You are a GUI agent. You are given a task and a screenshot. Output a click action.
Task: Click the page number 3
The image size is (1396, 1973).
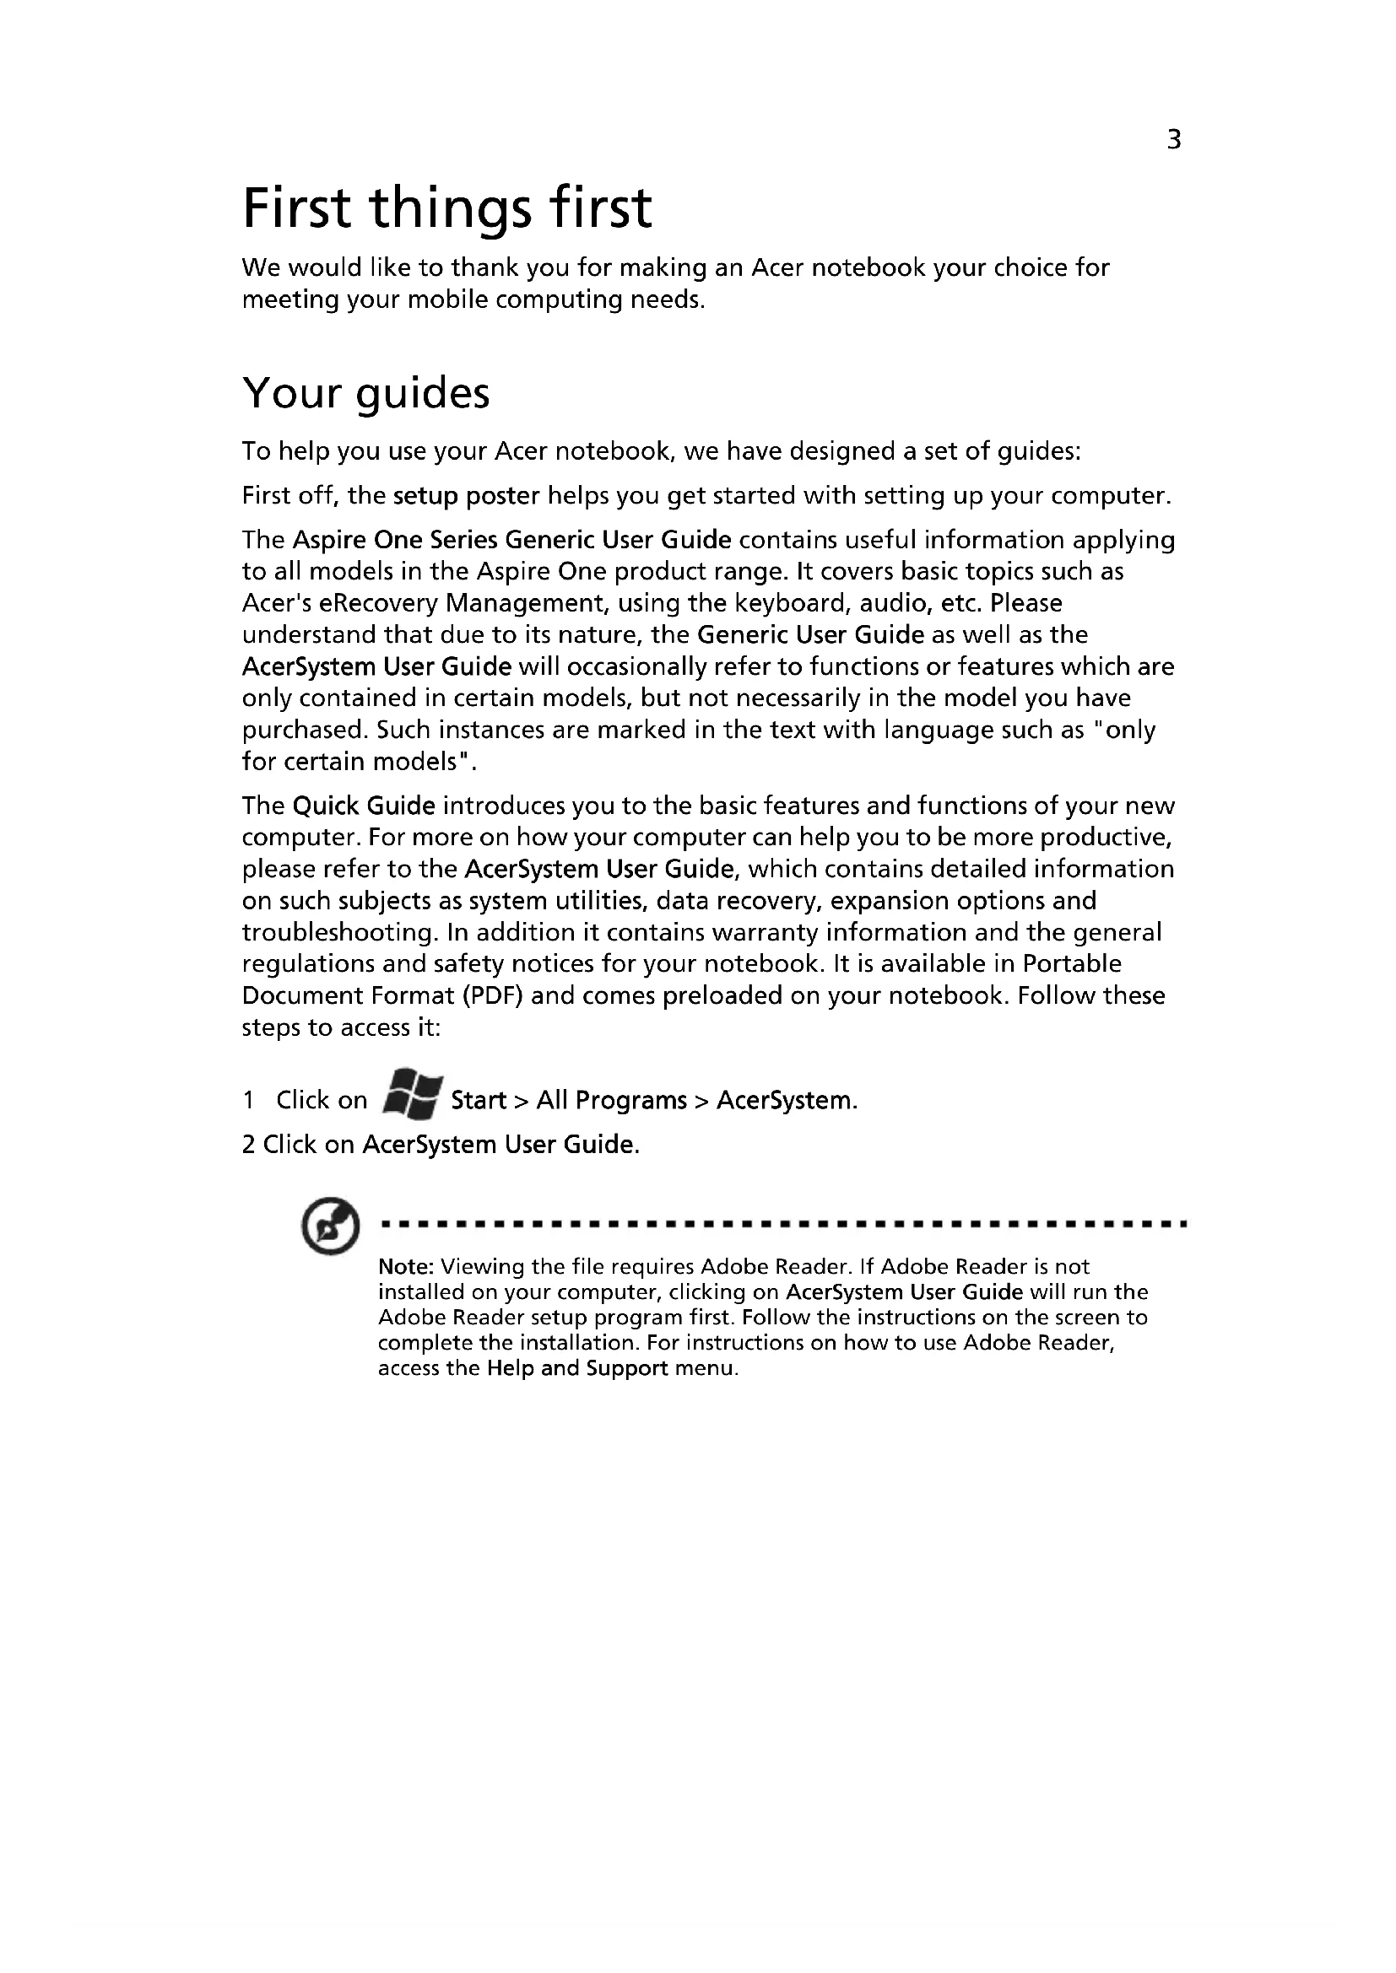pyautogui.click(x=1174, y=139)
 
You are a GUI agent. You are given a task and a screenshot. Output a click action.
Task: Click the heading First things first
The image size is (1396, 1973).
pyautogui.click(x=447, y=209)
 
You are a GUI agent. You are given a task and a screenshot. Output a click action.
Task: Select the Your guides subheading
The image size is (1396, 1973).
pyautogui.click(x=366, y=394)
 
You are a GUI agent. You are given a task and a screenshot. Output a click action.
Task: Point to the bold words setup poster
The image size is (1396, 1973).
pyautogui.click(x=466, y=496)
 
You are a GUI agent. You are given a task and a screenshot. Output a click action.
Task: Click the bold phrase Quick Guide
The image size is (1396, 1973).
pyautogui.click(x=364, y=806)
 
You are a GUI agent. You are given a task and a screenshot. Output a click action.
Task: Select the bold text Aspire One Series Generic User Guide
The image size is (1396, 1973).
pyautogui.click(x=512, y=540)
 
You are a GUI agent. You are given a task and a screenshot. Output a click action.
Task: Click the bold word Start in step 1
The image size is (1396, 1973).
pyautogui.click(x=478, y=1101)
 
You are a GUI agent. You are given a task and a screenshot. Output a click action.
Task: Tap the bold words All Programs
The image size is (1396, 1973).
pyautogui.click(x=611, y=1101)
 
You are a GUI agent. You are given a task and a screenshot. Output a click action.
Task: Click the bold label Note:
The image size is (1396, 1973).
pyautogui.click(x=407, y=1267)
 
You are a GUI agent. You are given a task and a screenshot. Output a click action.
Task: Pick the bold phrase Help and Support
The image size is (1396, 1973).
pyautogui.click(x=576, y=1368)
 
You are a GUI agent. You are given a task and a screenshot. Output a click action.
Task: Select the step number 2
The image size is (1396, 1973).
pyautogui.click(x=248, y=1145)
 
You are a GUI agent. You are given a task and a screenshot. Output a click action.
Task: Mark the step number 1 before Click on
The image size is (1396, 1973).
pyautogui.click(x=248, y=1101)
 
